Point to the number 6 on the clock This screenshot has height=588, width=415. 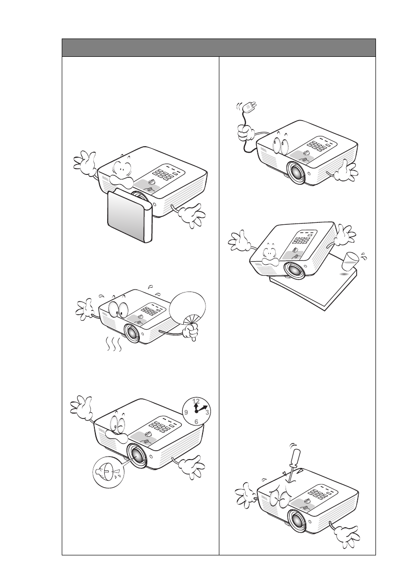pyautogui.click(x=196, y=421)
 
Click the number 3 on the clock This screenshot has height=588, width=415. pyautogui.click(x=207, y=411)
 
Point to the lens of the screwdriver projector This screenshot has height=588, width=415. pyautogui.click(x=297, y=520)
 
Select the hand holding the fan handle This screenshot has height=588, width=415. pyautogui.click(x=190, y=330)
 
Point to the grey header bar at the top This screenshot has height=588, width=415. pyautogui.click(x=218, y=47)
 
